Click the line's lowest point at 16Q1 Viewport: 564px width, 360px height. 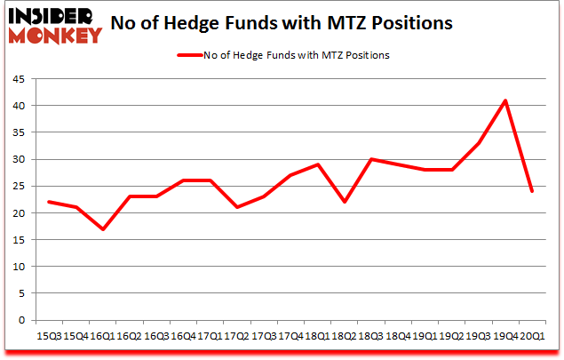pos(104,228)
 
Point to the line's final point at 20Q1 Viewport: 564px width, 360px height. pos(532,191)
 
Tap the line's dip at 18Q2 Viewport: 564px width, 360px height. pos(345,202)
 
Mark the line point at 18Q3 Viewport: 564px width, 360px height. pos(371,159)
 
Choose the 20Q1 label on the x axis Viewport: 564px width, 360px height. pos(532,336)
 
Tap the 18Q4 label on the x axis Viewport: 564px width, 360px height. pos(398,336)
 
